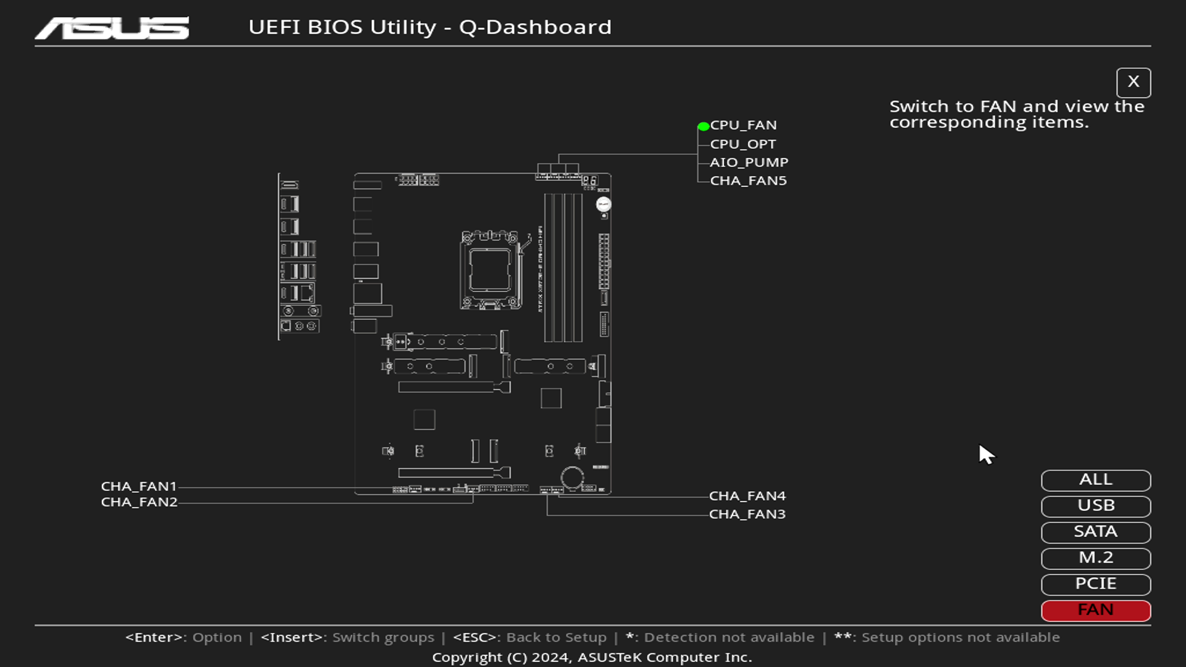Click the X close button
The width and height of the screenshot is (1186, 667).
[1133, 82]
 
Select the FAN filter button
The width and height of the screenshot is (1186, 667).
[1095, 610]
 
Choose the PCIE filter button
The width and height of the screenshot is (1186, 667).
[1095, 584]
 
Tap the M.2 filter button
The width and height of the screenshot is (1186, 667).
[1095, 558]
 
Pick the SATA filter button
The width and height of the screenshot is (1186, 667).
[1095, 532]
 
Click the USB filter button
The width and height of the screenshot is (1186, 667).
[1095, 506]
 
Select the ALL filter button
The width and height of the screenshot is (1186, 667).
[1095, 480]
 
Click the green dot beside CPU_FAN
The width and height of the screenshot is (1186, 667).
[703, 127]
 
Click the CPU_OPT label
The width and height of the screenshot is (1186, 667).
[742, 144]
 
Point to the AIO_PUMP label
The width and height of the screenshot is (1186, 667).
[749, 162]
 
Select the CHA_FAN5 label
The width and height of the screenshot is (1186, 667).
[748, 181]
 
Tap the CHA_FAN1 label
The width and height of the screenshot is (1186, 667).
[139, 487]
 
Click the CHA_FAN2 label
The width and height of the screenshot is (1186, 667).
[139, 502]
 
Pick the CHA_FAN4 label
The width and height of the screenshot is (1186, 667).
[747, 496]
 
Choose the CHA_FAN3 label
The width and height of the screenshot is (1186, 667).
[747, 514]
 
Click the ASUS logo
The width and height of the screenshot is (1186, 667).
[112, 28]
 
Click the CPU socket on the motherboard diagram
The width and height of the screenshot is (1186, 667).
[489, 270]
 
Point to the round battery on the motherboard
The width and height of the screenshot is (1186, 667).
[572, 477]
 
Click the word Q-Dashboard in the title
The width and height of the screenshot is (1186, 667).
[535, 27]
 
